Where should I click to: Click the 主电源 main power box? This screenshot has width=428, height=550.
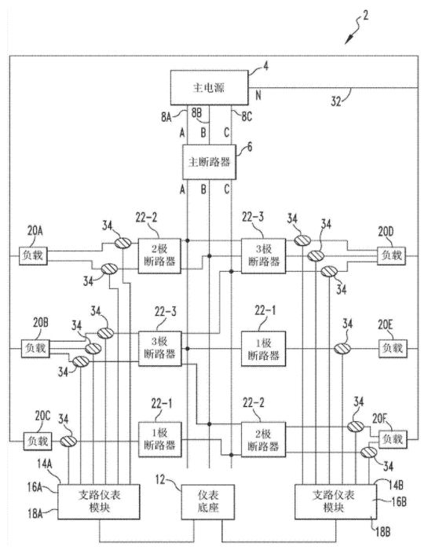pyautogui.click(x=209, y=87)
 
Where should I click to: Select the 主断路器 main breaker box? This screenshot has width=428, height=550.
pyautogui.click(x=209, y=162)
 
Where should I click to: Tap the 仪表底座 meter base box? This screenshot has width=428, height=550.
pyautogui.click(x=208, y=501)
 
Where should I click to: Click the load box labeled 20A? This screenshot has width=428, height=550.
pyautogui.click(x=33, y=255)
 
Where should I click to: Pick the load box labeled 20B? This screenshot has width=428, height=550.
pyautogui.click(x=35, y=348)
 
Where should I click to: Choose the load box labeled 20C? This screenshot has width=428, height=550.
pyautogui.click(x=38, y=441)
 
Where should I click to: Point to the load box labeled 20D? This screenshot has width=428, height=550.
pyautogui.click(x=391, y=255)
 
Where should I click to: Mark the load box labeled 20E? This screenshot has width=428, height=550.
pyautogui.click(x=393, y=348)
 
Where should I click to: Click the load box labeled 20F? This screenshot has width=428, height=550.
pyautogui.click(x=393, y=439)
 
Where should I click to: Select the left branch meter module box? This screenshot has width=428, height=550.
pyautogui.click(x=99, y=501)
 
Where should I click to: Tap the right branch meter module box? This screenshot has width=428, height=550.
pyautogui.click(x=335, y=501)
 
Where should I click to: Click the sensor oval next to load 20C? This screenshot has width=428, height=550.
pyautogui.click(x=68, y=441)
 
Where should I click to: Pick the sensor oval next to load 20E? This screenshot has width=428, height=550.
pyautogui.click(x=342, y=348)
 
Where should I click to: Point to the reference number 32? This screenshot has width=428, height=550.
pyautogui.click(x=336, y=101)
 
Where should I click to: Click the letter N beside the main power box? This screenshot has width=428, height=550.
pyautogui.click(x=258, y=95)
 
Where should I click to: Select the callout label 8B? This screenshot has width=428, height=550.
pyautogui.click(x=196, y=112)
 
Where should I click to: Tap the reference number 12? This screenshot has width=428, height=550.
pyautogui.click(x=160, y=479)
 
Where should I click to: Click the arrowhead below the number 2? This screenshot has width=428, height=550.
pyautogui.click(x=347, y=41)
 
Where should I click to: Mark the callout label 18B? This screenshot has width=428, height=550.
pyautogui.click(x=382, y=532)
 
